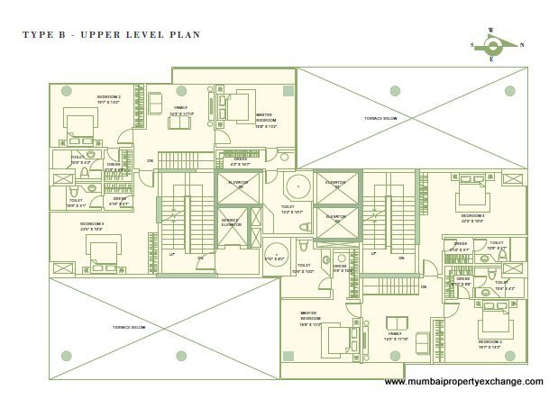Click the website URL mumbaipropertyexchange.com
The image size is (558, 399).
[x=464, y=382]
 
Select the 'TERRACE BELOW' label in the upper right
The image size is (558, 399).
[x=381, y=118]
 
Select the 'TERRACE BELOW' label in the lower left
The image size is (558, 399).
[x=129, y=327]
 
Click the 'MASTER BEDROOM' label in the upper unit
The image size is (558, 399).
[x=265, y=116]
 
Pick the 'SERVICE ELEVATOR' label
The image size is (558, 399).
[x=231, y=222]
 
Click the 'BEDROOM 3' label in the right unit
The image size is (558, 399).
[x=472, y=216]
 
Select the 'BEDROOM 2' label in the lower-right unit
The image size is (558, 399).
[x=489, y=342]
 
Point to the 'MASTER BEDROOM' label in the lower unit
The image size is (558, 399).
[x=310, y=316]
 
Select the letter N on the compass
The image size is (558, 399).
[x=522, y=44]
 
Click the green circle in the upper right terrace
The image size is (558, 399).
[x=395, y=89]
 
